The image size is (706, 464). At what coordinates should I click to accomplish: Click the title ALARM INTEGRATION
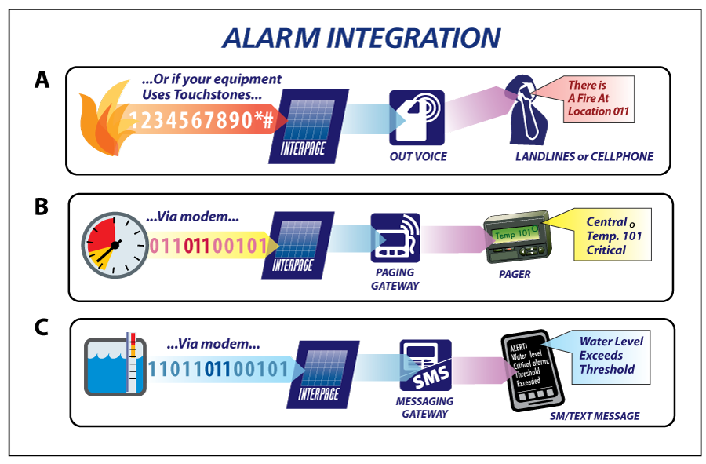361,38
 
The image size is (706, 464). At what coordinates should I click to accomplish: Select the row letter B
40,207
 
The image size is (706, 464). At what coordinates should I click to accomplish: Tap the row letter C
42,326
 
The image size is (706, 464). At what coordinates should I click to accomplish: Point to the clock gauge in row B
115,244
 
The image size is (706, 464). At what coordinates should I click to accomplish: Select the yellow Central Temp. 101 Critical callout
609,236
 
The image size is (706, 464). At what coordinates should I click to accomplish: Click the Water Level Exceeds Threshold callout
610,355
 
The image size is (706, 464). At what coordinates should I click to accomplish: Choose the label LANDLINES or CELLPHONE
584,156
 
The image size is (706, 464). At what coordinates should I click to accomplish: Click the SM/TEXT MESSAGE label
594,416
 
